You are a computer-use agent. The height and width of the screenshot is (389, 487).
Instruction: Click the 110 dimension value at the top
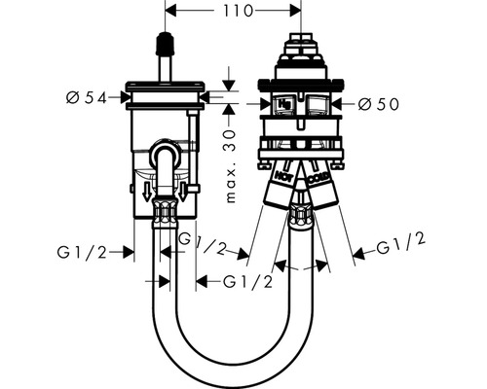(238, 11)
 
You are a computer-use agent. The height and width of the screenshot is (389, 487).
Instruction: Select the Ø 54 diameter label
(87, 97)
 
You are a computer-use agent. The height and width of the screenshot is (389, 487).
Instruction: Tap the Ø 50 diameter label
(379, 104)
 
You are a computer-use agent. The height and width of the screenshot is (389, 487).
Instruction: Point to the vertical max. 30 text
(230, 166)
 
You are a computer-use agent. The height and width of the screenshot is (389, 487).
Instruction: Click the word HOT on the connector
(283, 175)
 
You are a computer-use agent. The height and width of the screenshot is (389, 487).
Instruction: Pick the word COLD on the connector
(318, 178)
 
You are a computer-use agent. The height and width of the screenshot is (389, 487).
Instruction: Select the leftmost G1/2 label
(82, 252)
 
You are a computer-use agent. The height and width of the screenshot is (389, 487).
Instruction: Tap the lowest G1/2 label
(247, 282)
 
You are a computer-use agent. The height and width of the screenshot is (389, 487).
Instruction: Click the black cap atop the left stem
(166, 44)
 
